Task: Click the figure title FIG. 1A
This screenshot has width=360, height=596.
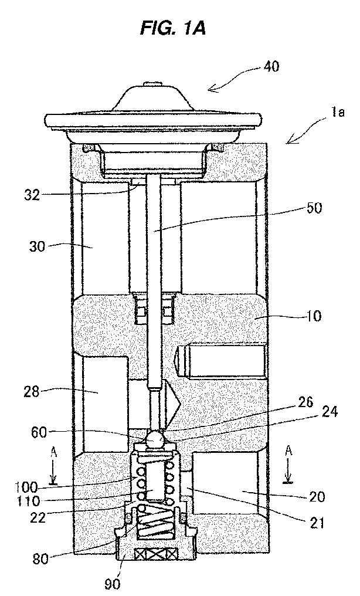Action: [x=173, y=28]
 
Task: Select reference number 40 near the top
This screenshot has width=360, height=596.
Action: [x=271, y=66]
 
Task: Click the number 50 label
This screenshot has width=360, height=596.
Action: [x=314, y=208]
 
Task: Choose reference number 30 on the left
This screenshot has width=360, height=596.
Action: [x=37, y=246]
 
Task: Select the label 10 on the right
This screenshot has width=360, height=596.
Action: [x=314, y=316]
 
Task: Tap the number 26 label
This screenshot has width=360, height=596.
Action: [x=305, y=402]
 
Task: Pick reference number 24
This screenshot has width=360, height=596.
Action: [x=330, y=412]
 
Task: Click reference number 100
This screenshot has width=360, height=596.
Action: [x=26, y=487]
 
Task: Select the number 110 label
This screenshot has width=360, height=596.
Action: [x=28, y=501]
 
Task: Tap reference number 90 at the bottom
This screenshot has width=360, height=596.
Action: [x=112, y=584]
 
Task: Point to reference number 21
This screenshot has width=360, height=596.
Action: [x=316, y=523]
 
